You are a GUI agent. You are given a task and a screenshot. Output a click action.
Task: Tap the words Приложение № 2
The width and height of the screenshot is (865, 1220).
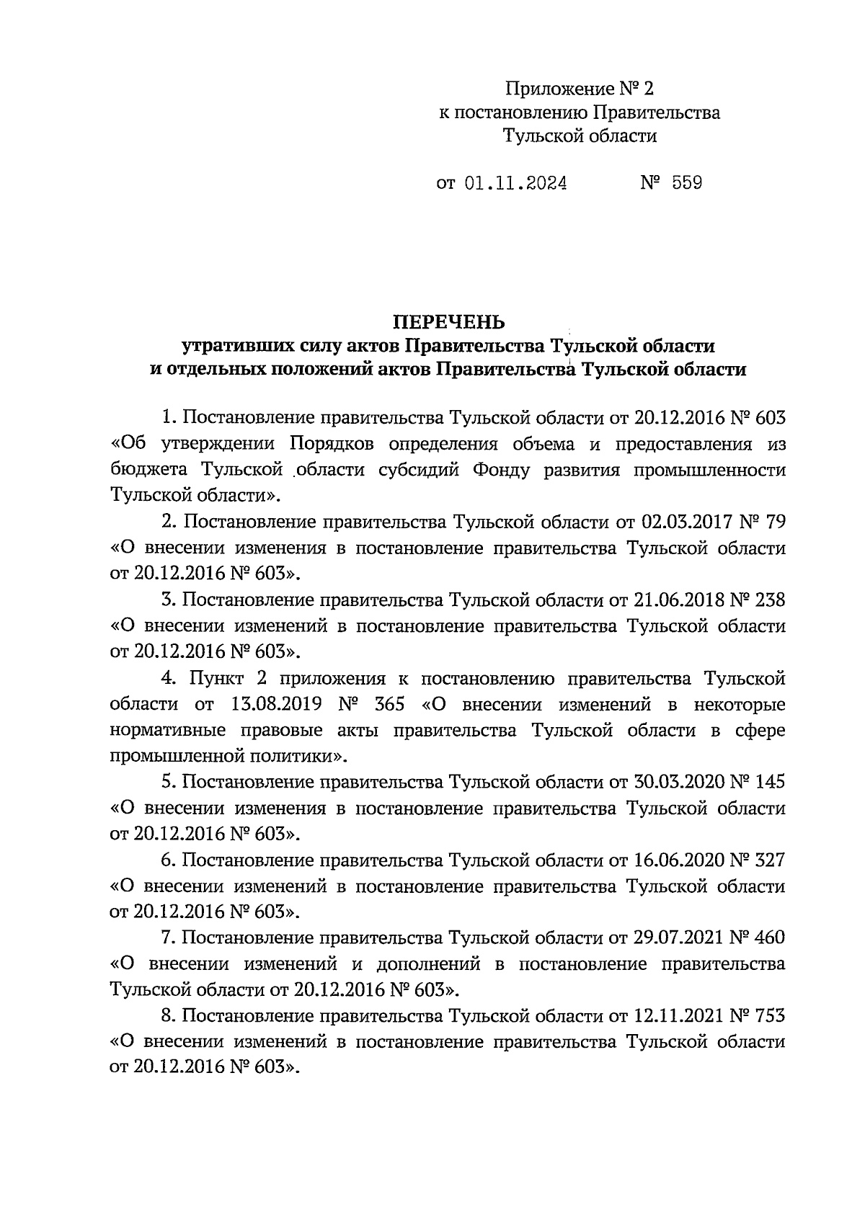[579, 89]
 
